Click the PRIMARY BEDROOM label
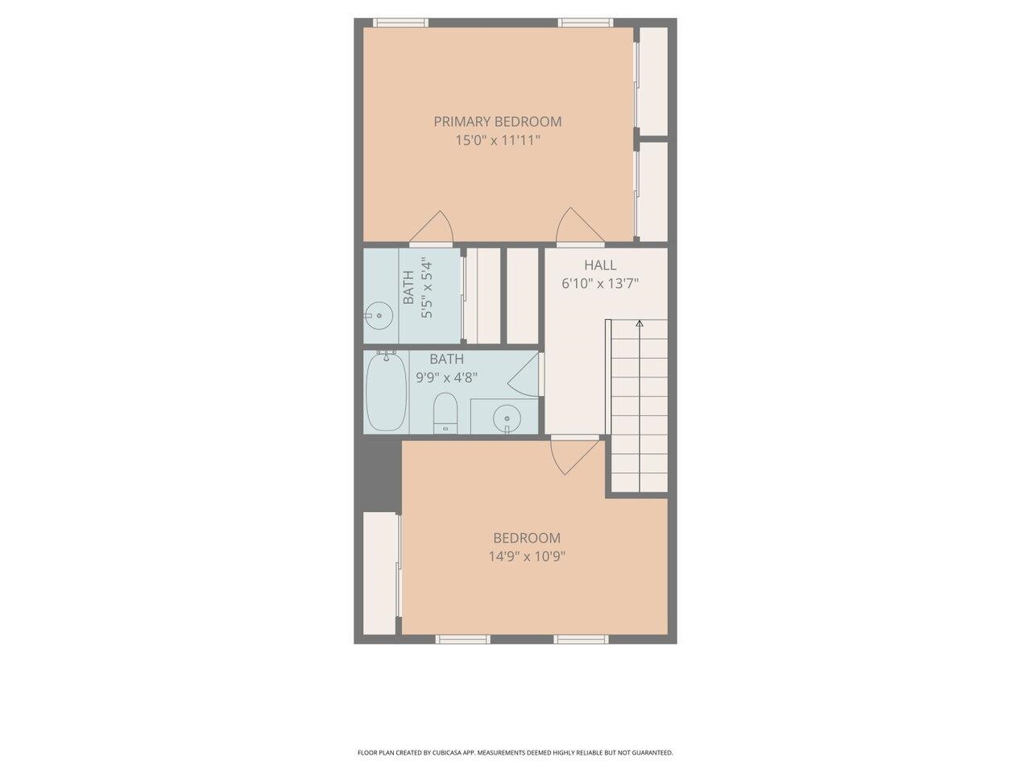coord(498,122)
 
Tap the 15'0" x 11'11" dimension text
coord(498,140)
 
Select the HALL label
coord(600,265)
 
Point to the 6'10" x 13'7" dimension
coord(600,284)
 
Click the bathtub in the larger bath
coord(386,392)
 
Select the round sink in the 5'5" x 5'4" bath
coord(379,316)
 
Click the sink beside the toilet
coord(507,418)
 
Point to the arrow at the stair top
coord(640,323)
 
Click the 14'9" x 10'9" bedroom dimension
coord(527,557)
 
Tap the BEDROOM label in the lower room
coord(527,538)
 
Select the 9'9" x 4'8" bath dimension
coord(447,377)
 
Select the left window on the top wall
coord(400,23)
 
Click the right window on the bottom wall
coord(581,639)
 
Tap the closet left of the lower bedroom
coord(380,573)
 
